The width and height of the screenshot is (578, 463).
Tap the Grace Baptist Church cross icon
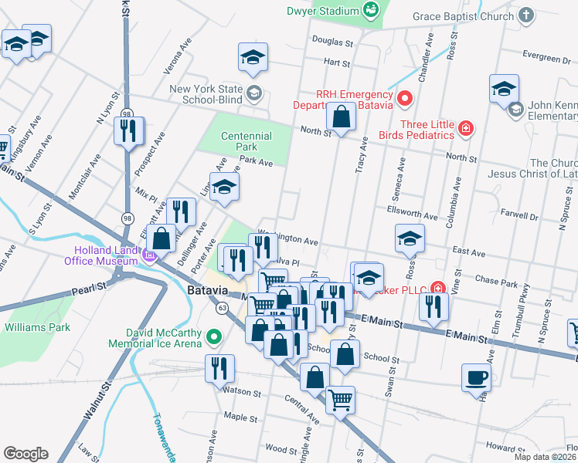[x=526, y=15]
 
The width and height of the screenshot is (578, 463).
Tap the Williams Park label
[x=37, y=327]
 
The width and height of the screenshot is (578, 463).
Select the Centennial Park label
[x=246, y=141]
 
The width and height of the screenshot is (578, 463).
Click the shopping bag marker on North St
[x=341, y=118]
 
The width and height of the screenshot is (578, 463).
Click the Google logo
[x=25, y=454]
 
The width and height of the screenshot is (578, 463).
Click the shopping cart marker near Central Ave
[x=340, y=400]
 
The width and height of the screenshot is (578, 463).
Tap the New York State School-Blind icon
[x=254, y=94]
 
